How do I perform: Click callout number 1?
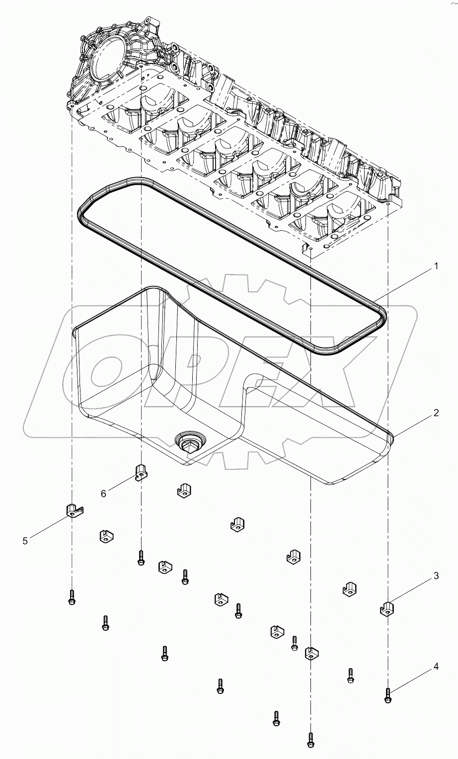point(436,267)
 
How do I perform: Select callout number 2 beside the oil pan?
point(436,413)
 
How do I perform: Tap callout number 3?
point(436,576)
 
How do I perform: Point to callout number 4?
point(436,667)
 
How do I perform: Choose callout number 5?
point(25,541)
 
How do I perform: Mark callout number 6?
point(103,493)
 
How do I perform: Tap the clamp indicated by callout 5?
point(73,510)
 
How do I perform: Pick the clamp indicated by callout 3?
point(387,608)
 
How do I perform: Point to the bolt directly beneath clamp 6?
point(141,557)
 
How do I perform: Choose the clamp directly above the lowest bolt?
point(310,653)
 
